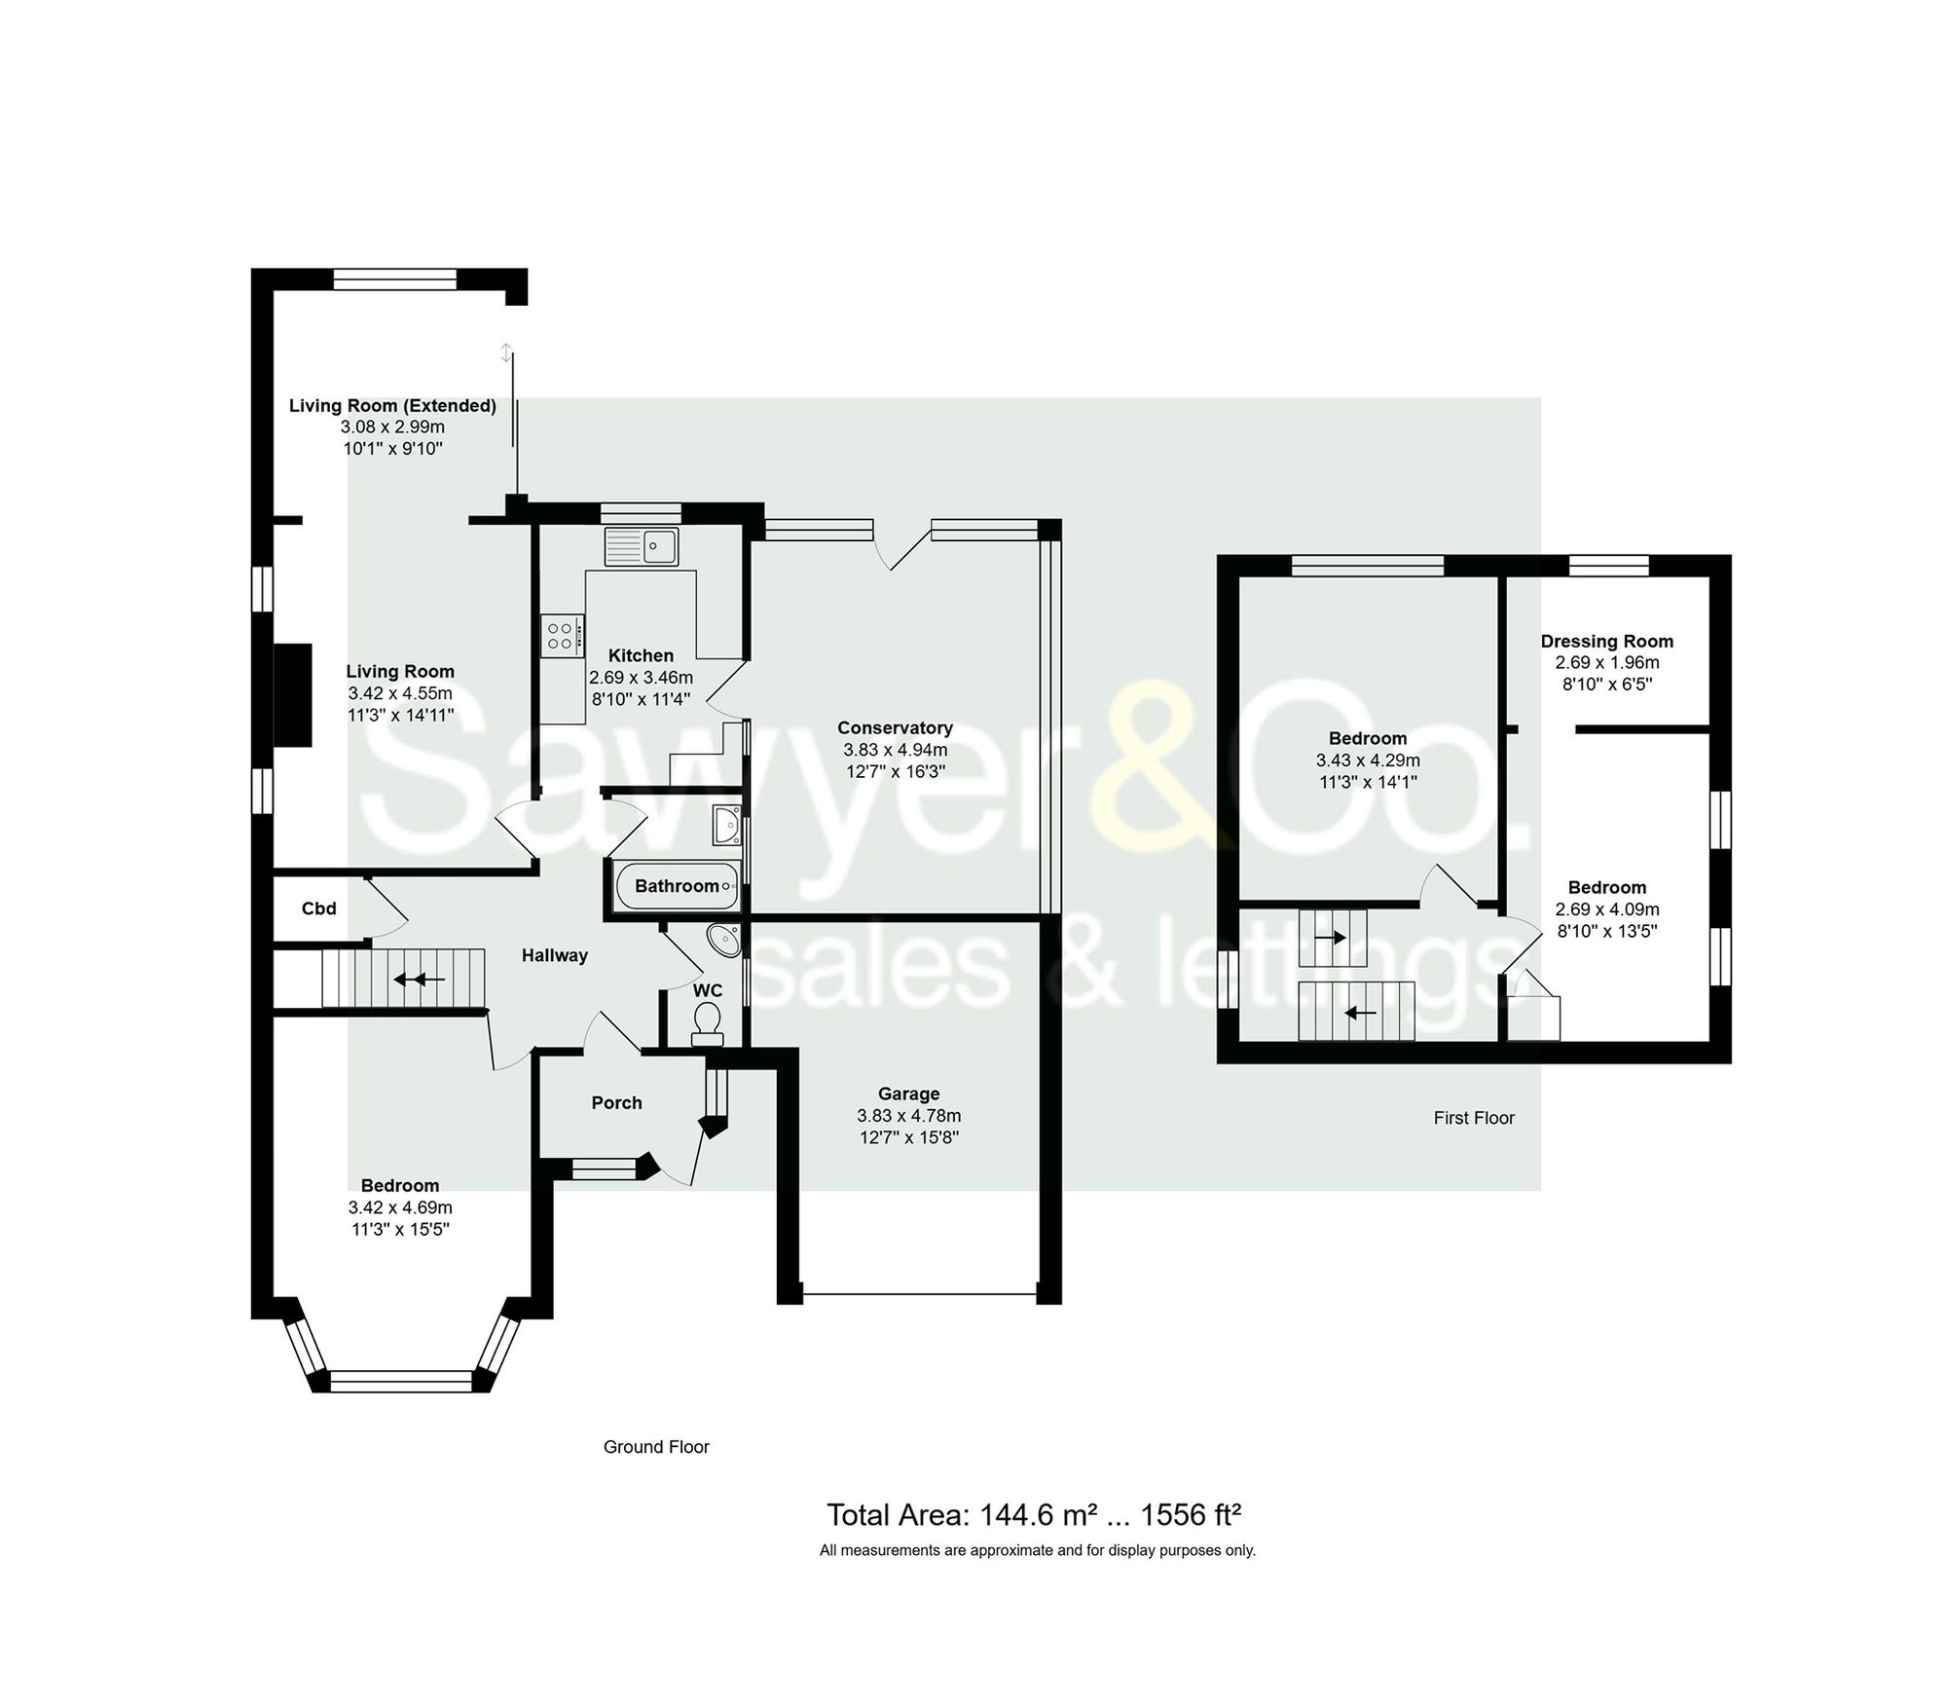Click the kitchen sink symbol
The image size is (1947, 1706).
click(641, 545)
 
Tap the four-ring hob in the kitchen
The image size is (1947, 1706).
click(562, 636)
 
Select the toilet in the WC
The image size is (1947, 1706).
click(707, 1020)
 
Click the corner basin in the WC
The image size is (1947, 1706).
click(724, 940)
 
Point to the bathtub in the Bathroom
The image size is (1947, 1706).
click(677, 885)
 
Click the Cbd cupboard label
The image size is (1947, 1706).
click(318, 909)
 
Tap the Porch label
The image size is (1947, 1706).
click(616, 1102)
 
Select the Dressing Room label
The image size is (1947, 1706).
click(1606, 641)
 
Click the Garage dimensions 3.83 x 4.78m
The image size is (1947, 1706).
click(908, 1115)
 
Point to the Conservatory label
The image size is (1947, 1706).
click(895, 727)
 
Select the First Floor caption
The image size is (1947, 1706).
click(1473, 1118)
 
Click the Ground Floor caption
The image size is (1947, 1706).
click(656, 1447)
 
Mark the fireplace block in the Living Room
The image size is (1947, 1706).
click(293, 694)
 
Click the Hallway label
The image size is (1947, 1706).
click(554, 955)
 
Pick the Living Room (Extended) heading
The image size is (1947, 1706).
click(392, 405)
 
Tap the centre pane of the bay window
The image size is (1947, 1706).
click(401, 1380)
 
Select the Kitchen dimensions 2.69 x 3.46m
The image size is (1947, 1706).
click(641, 677)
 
